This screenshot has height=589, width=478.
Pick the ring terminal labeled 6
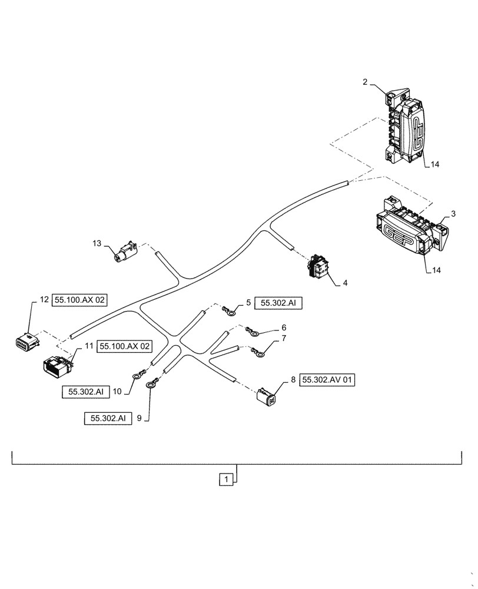pos(254,333)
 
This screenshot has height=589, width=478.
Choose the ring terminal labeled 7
pos(259,353)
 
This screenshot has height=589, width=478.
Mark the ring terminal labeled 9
pos(152,383)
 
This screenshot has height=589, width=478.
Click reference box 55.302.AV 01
pos(328,380)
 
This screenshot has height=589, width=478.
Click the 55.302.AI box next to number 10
pos(85,391)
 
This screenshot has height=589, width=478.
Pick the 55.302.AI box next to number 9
pos(108,419)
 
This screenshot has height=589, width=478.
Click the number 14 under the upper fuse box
pos(434,165)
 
